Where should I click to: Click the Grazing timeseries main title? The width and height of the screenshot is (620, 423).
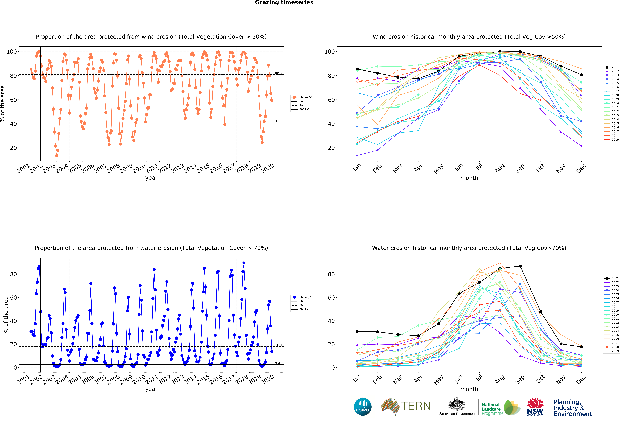point(284,3)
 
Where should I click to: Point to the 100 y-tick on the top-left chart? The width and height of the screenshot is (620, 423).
point(12,52)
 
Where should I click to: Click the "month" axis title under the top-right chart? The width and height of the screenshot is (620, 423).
point(469,178)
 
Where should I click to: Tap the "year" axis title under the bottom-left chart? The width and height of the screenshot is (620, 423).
point(151,389)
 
